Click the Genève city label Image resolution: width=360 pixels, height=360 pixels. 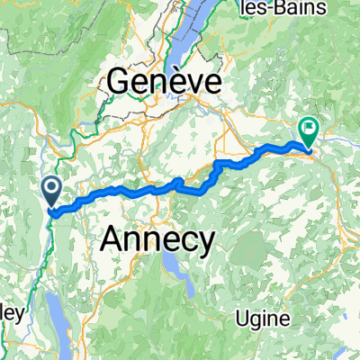[x=165, y=84]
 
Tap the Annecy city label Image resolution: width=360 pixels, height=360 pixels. [x=158, y=239]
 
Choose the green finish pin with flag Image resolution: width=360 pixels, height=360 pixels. [x=308, y=133]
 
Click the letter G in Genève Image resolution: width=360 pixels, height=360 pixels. [x=121, y=84]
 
